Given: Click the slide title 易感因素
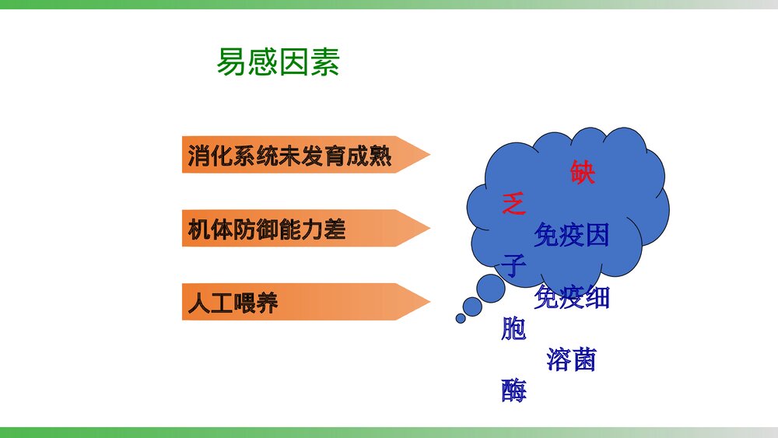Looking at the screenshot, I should [x=278, y=63].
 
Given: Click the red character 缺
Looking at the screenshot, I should [x=582, y=172].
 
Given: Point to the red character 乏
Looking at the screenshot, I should [x=514, y=204].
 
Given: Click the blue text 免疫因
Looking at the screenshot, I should [x=572, y=234].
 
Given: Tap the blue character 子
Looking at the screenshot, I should [x=514, y=266].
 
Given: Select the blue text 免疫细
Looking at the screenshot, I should [x=572, y=297].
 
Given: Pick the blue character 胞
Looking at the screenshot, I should [x=514, y=329].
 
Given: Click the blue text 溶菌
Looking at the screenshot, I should [x=572, y=359].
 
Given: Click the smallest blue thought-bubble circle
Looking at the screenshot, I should [x=461, y=317].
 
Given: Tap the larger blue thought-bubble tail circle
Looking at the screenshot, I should [x=491, y=289].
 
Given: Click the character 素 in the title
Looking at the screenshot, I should [x=324, y=63].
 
